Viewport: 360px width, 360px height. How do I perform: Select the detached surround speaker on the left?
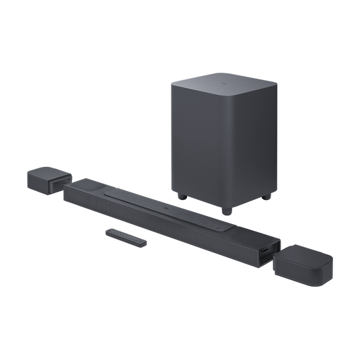48,180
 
